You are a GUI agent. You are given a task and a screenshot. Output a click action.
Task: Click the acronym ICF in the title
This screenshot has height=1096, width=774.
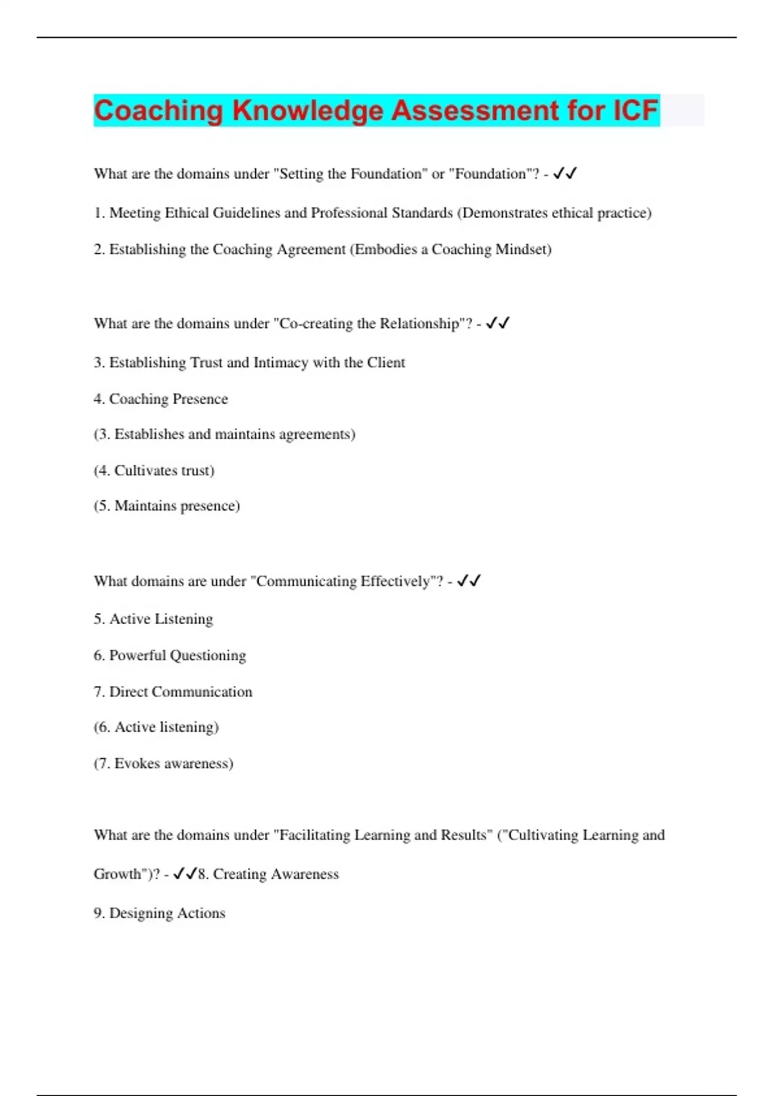635,110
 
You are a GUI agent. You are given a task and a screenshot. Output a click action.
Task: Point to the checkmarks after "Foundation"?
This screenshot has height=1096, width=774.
565,173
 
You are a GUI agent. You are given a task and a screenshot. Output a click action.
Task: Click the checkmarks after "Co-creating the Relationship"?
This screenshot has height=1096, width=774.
498,323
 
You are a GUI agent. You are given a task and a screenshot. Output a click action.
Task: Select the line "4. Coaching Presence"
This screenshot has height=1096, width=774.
161,399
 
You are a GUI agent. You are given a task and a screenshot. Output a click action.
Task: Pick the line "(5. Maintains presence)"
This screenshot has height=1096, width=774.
166,506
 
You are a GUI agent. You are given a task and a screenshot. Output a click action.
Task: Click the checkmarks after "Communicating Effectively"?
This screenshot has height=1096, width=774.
469,581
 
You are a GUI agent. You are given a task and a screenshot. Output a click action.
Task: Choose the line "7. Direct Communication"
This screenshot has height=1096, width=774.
173,692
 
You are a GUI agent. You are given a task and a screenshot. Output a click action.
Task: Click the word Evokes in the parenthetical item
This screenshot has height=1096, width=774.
137,763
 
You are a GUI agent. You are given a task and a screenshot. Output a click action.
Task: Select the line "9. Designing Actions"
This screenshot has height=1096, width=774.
159,914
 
